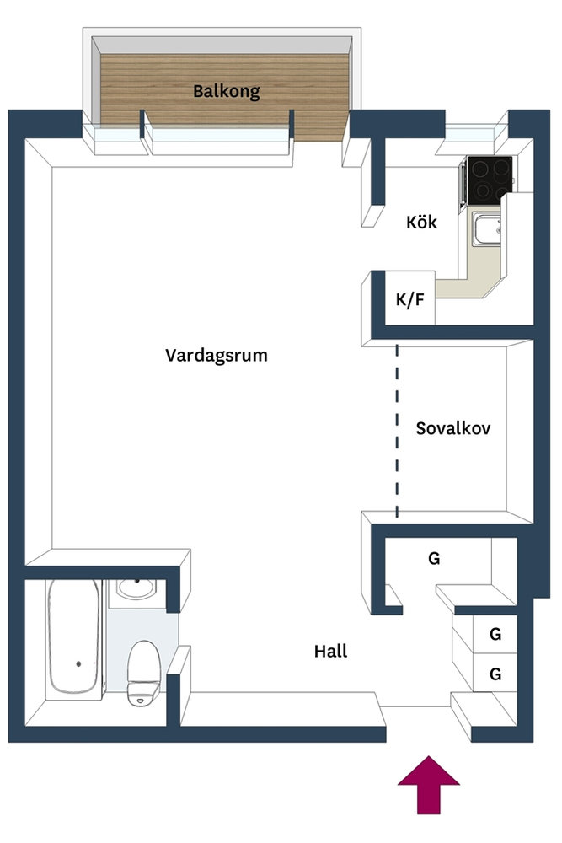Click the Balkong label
(x=226, y=91)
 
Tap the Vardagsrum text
(x=216, y=356)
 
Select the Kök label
(x=422, y=222)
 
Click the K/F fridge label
(x=410, y=299)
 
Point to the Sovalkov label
(x=453, y=428)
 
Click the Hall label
(x=330, y=651)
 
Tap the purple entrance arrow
(x=429, y=785)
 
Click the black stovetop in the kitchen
(x=489, y=180)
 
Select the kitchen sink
(x=486, y=229)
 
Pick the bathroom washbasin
(x=136, y=589)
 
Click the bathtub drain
(x=78, y=664)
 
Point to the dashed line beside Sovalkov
(x=397, y=431)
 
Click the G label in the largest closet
(x=434, y=559)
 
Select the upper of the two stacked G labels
(x=495, y=635)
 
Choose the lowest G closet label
(x=495, y=674)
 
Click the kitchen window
(x=471, y=132)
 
